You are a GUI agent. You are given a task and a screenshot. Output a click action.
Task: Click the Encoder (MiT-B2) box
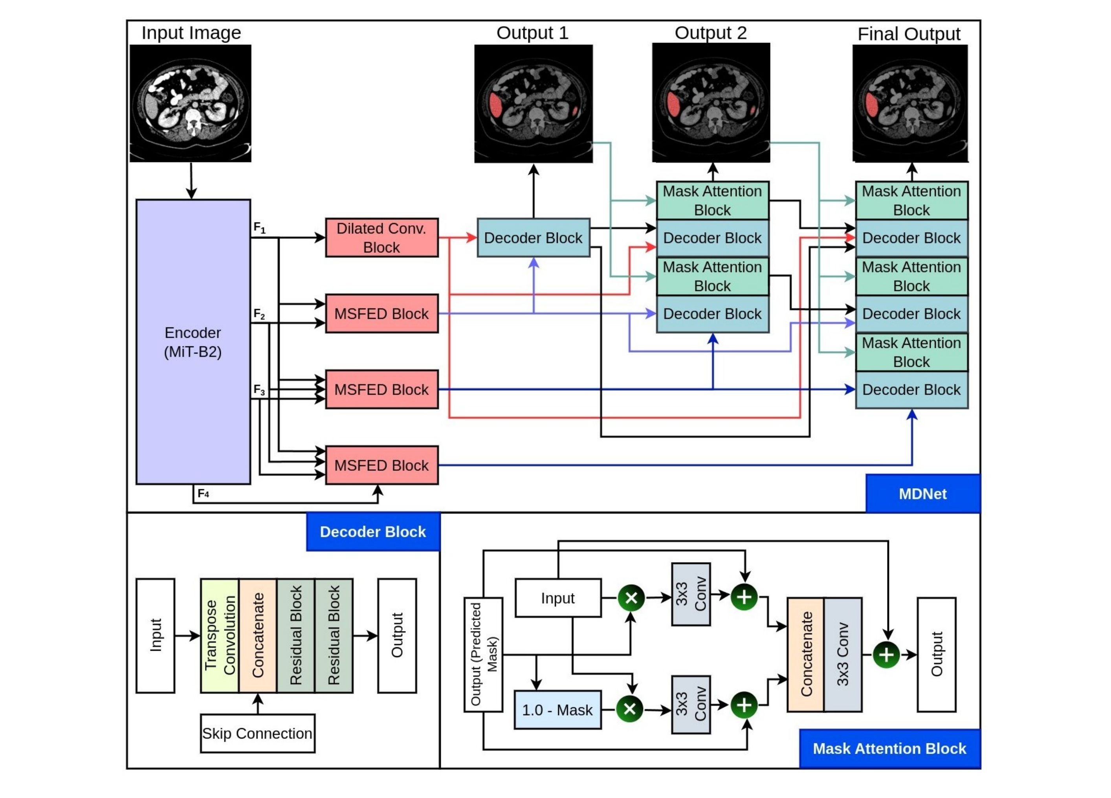193,342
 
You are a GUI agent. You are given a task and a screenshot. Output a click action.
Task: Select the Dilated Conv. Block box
381,238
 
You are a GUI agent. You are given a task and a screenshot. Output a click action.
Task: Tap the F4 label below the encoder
203,494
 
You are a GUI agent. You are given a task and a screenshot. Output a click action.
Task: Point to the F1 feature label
259,228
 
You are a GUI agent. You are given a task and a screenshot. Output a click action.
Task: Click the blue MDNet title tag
922,494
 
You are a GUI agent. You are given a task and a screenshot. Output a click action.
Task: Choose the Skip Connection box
257,733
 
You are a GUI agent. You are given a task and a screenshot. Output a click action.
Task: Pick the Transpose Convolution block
220,635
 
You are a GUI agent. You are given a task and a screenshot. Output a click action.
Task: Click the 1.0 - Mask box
557,710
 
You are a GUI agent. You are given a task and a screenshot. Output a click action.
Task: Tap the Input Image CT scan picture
191,103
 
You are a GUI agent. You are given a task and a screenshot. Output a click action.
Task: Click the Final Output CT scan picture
910,103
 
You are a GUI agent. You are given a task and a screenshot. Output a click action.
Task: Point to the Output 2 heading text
710,33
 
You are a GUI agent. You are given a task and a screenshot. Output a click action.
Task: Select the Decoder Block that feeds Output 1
533,238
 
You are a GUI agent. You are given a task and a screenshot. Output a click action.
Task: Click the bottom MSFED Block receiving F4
381,465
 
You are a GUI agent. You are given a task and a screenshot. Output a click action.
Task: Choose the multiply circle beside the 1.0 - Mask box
630,708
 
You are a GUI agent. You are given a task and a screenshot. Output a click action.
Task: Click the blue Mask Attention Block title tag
889,749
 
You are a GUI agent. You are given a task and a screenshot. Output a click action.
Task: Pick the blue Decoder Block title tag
373,532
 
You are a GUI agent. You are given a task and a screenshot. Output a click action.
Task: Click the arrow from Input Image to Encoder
191,181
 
